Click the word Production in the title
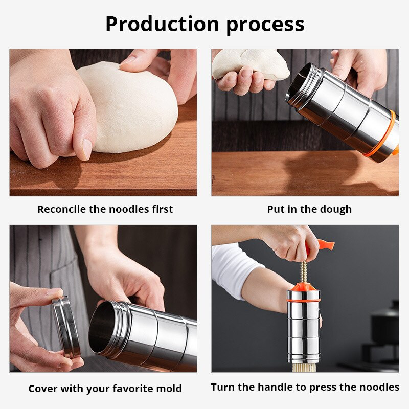(x=162, y=24)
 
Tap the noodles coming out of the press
(x=304, y=367)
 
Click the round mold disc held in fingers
(x=66, y=327)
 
